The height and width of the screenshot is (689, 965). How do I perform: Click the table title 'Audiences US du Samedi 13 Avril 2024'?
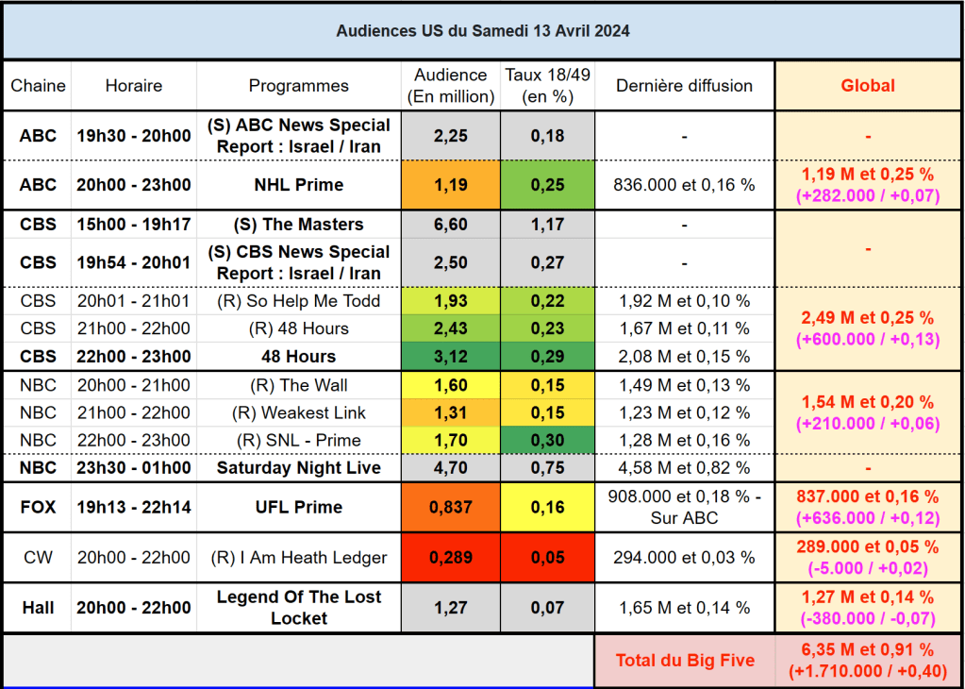tap(483, 31)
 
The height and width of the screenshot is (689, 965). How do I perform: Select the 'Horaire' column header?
tap(133, 86)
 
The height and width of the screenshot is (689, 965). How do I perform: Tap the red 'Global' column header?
tap(867, 86)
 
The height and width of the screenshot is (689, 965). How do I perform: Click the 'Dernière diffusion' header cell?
tap(684, 86)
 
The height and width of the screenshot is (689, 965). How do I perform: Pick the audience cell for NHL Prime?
tap(450, 185)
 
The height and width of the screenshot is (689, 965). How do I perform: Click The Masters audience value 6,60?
tap(450, 225)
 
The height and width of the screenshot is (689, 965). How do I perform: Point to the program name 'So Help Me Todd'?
tap(298, 301)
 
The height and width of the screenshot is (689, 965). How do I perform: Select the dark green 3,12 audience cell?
tap(450, 357)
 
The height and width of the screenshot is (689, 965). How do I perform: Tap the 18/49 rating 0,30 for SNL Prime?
tap(547, 440)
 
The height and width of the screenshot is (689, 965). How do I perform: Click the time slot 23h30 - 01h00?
tap(133, 468)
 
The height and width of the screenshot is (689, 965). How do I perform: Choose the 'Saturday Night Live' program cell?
tap(298, 468)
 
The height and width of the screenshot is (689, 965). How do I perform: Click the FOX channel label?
tap(38, 507)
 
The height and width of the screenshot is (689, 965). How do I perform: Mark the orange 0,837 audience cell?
tap(450, 507)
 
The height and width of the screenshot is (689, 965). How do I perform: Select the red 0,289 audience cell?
tap(450, 558)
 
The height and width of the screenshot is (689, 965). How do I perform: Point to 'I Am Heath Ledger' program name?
tap(298, 558)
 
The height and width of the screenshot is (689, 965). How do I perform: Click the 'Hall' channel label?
tap(38, 608)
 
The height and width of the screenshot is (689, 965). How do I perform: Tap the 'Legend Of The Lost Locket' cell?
tap(298, 608)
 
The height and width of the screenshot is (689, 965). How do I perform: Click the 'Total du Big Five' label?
tap(684, 661)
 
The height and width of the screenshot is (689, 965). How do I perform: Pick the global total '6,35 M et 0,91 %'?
tap(867, 650)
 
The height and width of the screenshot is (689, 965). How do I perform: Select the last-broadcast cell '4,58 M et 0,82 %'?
tap(684, 468)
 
